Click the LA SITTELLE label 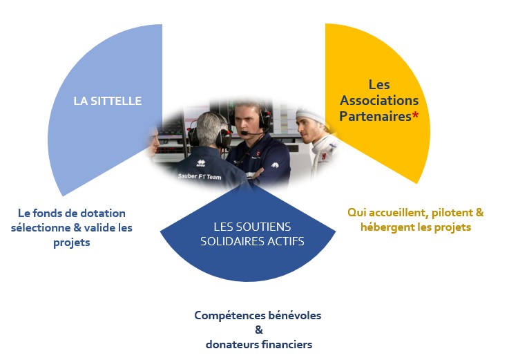[x=108, y=101]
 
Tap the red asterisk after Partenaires [x=415, y=115]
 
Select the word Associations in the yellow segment [x=379, y=100]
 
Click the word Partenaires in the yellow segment [x=375, y=116]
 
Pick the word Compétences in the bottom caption [x=229, y=316]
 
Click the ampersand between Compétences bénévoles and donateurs [x=259, y=330]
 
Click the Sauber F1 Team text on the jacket [x=200, y=176]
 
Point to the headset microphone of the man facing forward [x=245, y=133]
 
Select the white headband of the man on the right [x=310, y=115]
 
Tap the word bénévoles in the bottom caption [x=295, y=316]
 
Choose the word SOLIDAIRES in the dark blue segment [x=233, y=241]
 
